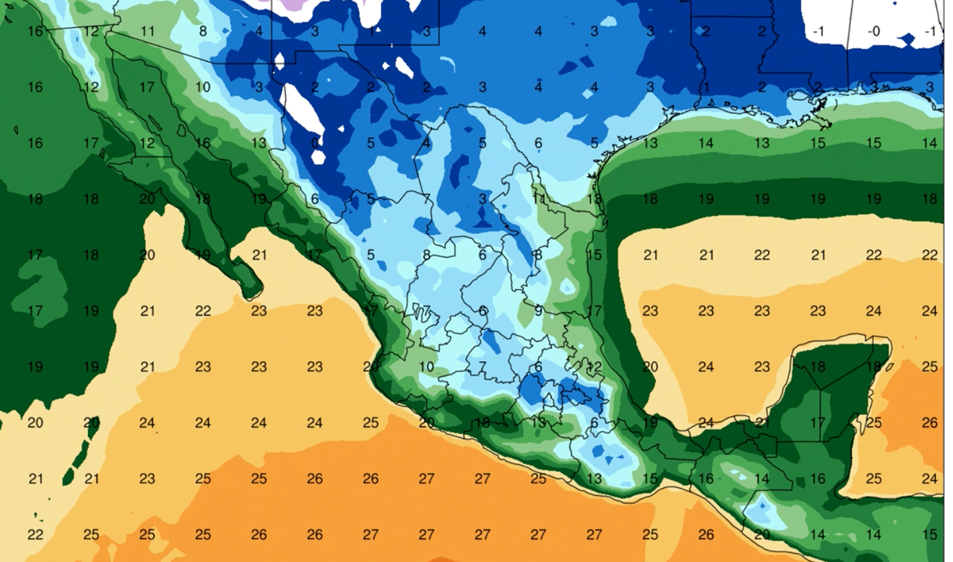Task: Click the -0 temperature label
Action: [x=874, y=31]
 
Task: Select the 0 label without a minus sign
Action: [x=315, y=142]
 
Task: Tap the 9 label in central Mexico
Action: [x=538, y=310]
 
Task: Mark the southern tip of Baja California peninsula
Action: [x=252, y=292]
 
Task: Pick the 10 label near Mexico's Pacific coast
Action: [x=426, y=366]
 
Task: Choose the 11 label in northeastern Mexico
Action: [x=538, y=199]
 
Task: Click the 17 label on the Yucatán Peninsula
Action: [x=818, y=422]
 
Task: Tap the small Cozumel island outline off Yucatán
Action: [x=889, y=365]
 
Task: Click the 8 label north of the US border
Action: [x=203, y=31]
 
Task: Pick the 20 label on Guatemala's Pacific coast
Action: [x=761, y=534]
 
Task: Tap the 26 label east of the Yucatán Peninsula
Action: [x=930, y=422]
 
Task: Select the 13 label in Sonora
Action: [x=258, y=142]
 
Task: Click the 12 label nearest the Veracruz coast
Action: [x=594, y=366]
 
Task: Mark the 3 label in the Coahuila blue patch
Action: [x=482, y=199]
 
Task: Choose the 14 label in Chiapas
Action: [x=761, y=478]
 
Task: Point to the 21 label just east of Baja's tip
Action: [x=259, y=254]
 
